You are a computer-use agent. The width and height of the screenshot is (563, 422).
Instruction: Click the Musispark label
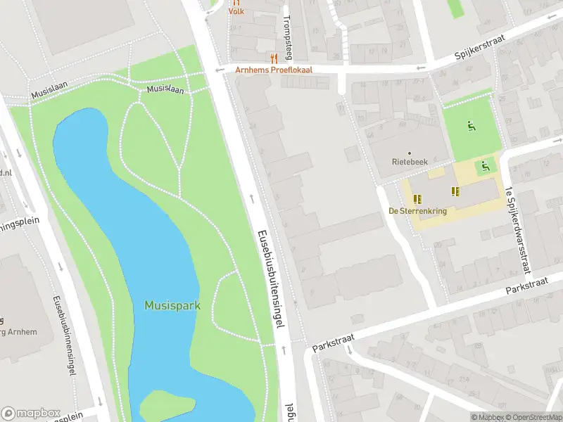(x=172, y=306)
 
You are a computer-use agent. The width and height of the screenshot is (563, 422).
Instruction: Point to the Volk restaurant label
(x=236, y=11)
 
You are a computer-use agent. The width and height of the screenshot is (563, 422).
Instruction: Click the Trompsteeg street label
(x=287, y=37)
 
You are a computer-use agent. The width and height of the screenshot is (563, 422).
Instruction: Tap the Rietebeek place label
(x=409, y=162)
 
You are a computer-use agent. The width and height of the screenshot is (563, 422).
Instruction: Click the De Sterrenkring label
(x=417, y=210)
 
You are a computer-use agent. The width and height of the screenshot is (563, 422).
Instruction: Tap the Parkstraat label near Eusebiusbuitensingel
(x=331, y=343)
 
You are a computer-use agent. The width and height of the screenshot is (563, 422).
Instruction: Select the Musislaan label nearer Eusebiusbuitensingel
(x=165, y=90)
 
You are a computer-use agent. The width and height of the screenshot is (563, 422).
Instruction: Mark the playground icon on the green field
(x=471, y=127)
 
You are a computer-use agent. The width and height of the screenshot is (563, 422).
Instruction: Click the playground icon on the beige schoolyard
(x=485, y=167)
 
